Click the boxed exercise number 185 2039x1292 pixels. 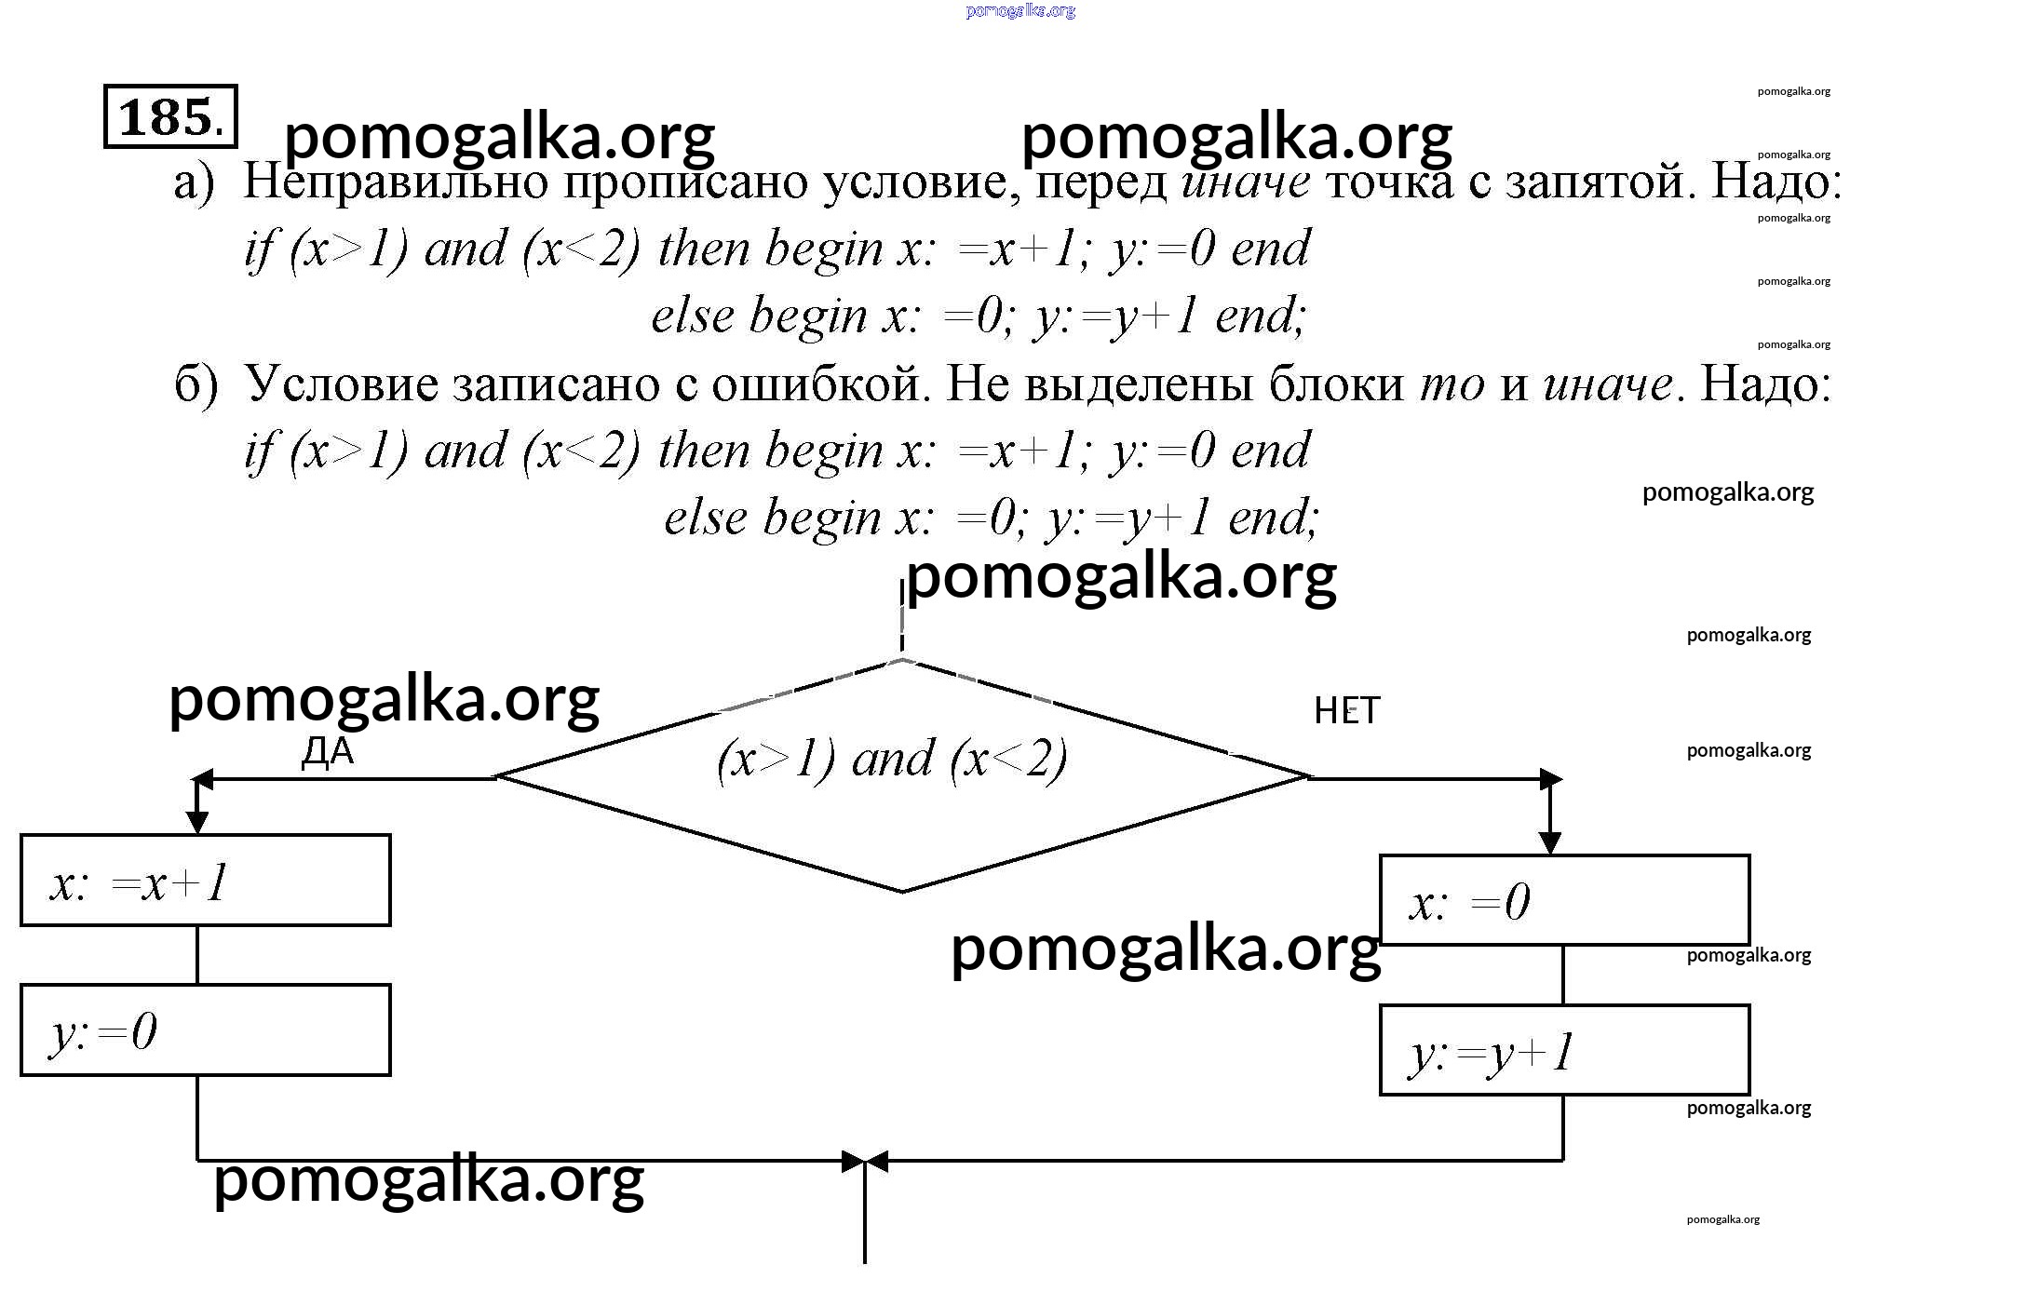(x=170, y=116)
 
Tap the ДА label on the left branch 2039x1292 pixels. (x=328, y=750)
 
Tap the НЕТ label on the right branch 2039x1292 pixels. (x=1346, y=711)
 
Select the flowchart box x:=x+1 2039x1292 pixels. (x=205, y=881)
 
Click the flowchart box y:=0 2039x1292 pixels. (x=205, y=1030)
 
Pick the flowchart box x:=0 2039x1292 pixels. (x=1564, y=900)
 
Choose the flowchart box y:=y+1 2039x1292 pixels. (x=1564, y=1050)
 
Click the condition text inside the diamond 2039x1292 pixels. (x=892, y=760)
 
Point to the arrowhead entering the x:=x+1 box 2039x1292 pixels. (x=197, y=822)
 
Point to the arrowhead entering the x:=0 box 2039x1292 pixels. (x=1550, y=842)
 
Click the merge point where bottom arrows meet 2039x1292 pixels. (x=865, y=1161)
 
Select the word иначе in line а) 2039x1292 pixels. (x=1246, y=182)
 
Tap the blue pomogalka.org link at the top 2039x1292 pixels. (x=1020, y=11)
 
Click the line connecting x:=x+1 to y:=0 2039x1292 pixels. (x=197, y=955)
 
